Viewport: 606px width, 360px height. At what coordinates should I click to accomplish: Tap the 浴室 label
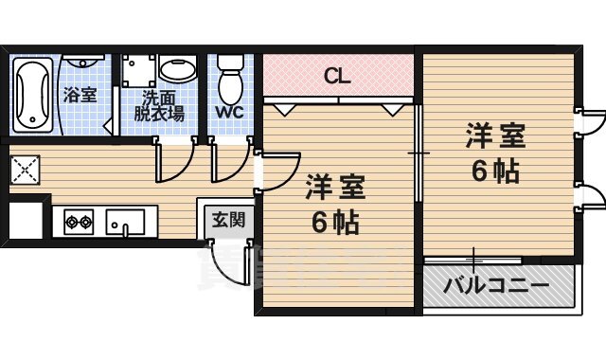point(80,95)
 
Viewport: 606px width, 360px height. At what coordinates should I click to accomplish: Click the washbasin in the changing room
point(176,70)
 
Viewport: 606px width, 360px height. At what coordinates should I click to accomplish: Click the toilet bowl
point(230,83)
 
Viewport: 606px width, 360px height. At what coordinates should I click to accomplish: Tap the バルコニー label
point(495,284)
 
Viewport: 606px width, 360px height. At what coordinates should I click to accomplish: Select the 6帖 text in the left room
point(334,224)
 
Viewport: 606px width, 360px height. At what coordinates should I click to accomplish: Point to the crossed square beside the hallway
point(23,170)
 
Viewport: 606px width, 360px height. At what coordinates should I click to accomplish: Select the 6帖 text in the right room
point(495,173)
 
